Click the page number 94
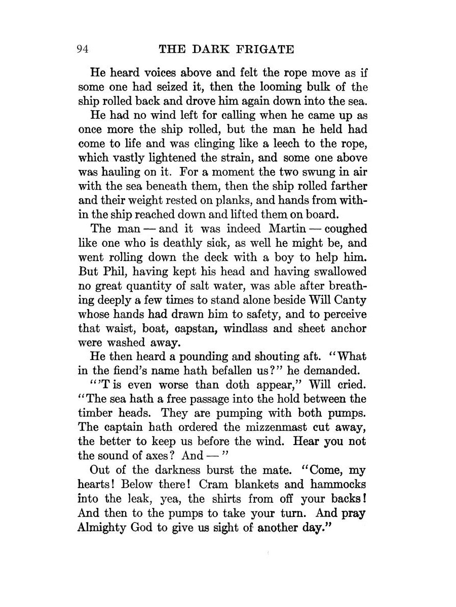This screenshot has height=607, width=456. (x=83, y=49)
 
